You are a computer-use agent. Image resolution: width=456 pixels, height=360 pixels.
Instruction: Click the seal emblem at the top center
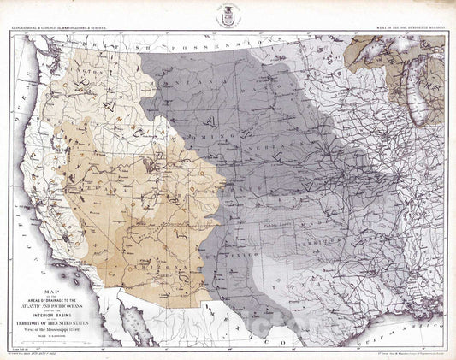(x=228, y=15)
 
